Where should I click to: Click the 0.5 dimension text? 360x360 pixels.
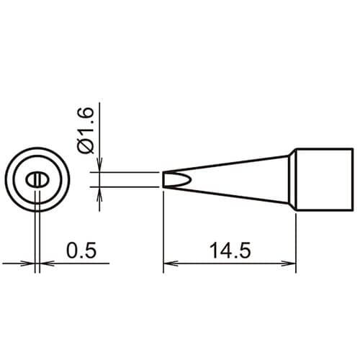coord(81,251)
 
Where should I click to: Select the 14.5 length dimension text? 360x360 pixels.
coord(230,251)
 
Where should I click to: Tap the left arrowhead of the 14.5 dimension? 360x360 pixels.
coord(171,264)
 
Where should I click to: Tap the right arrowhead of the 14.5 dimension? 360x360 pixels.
coord(289,264)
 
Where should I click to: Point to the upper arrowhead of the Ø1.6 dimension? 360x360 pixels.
coord(99,165)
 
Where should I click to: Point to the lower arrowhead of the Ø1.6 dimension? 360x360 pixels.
coord(99,194)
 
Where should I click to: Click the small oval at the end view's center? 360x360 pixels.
coord(37,180)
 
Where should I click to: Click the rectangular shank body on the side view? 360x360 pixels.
coord(325,179)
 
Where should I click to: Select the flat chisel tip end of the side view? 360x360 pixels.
coord(163,179)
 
